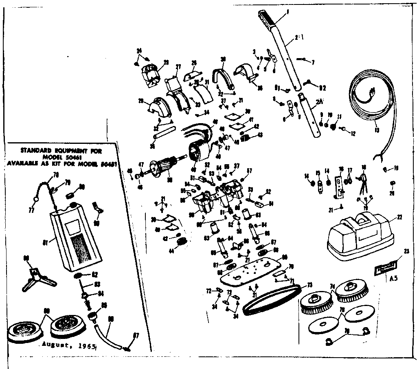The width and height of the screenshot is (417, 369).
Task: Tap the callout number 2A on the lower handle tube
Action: pyautogui.click(x=319, y=103)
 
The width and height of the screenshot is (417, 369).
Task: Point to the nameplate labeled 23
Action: pyautogui.click(x=384, y=269)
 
